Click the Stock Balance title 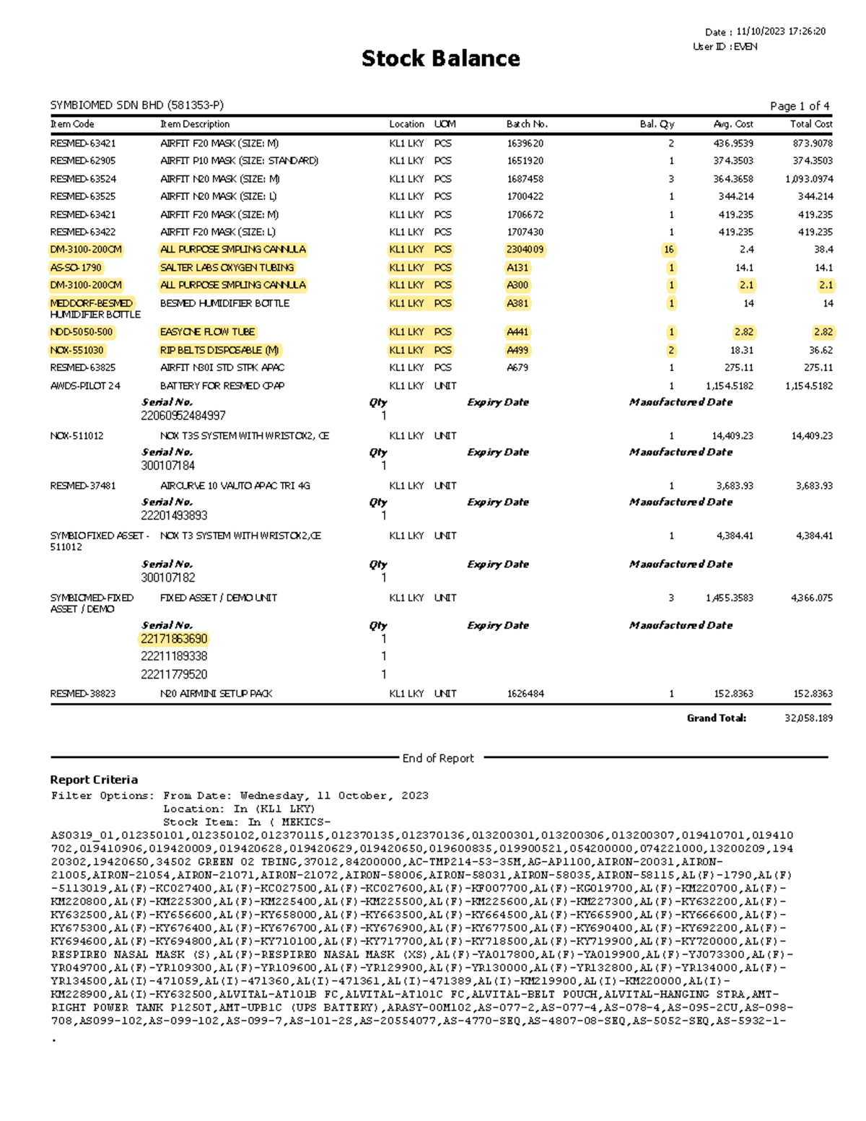440,58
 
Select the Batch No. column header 527,124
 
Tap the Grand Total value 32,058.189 808,718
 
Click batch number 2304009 525,250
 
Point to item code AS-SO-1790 76,268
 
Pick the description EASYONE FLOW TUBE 208,332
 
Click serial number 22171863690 174,639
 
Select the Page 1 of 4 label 799,106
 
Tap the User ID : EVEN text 725,46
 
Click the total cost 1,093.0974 809,179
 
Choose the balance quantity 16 669,250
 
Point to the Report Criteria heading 94,780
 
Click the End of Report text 438,758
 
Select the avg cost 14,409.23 732,436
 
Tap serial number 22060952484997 183,416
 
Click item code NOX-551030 76,350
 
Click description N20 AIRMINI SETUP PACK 216,694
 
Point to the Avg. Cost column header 733,124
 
